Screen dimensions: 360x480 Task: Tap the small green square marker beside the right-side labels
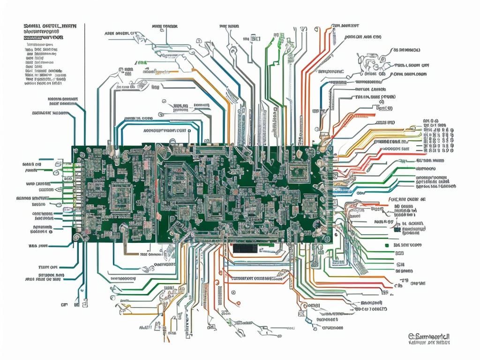[387, 245]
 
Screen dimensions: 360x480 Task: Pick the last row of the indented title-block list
[45, 86]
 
